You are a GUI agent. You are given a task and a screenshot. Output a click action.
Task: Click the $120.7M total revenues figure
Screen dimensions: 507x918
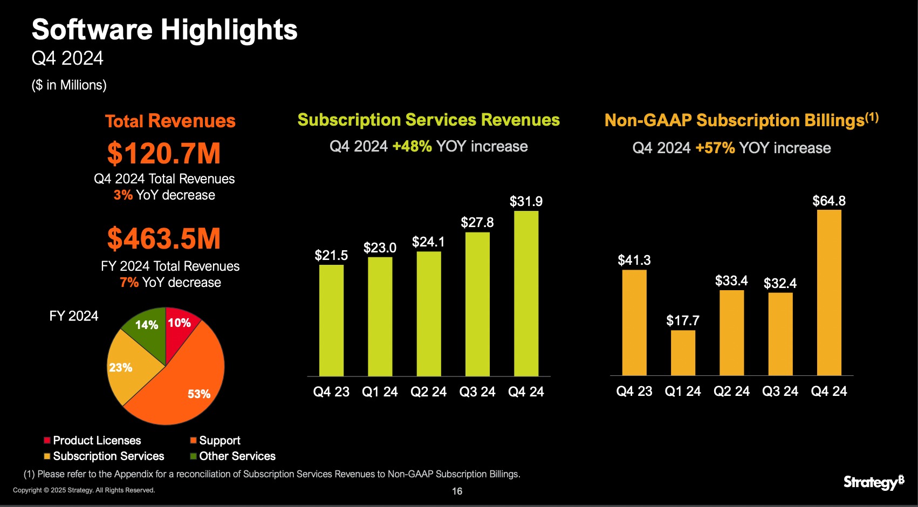coord(164,153)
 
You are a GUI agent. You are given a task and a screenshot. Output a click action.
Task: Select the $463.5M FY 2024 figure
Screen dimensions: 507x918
coord(164,238)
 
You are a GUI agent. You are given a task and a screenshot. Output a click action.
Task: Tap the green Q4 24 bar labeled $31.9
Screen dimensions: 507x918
coord(526,293)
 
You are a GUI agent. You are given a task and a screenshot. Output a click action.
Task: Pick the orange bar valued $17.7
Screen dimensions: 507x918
coord(683,353)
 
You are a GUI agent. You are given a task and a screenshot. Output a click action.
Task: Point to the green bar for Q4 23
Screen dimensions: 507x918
coord(331,320)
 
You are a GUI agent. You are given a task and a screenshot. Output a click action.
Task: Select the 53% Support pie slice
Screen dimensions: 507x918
coord(183,383)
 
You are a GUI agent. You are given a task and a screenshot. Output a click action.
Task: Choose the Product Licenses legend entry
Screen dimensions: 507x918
coord(92,440)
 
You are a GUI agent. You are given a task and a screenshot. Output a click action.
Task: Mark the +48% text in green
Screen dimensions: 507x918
coord(412,147)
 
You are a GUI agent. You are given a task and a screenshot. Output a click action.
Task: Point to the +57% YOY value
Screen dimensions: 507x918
coord(715,148)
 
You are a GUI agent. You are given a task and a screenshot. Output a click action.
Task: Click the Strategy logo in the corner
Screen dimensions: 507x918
coord(873,482)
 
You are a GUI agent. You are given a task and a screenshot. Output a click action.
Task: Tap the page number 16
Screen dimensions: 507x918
coord(457,491)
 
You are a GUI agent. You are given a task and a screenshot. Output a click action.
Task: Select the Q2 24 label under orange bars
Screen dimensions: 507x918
coord(731,392)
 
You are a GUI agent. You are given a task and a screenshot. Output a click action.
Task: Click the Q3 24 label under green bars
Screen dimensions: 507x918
coord(477,392)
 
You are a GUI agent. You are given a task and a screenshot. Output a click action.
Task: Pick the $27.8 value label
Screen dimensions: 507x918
coord(477,222)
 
